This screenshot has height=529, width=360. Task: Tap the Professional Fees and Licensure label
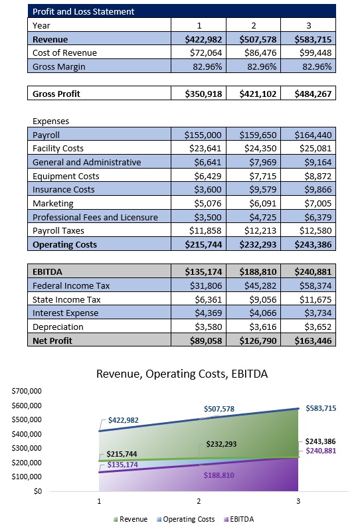[x=95, y=217]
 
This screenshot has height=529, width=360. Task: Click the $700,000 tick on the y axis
[x=27, y=391]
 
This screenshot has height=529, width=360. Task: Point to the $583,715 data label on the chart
[x=321, y=409]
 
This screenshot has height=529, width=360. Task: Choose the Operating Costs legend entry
[x=188, y=519]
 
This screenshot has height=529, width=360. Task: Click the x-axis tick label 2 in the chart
[x=199, y=502]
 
